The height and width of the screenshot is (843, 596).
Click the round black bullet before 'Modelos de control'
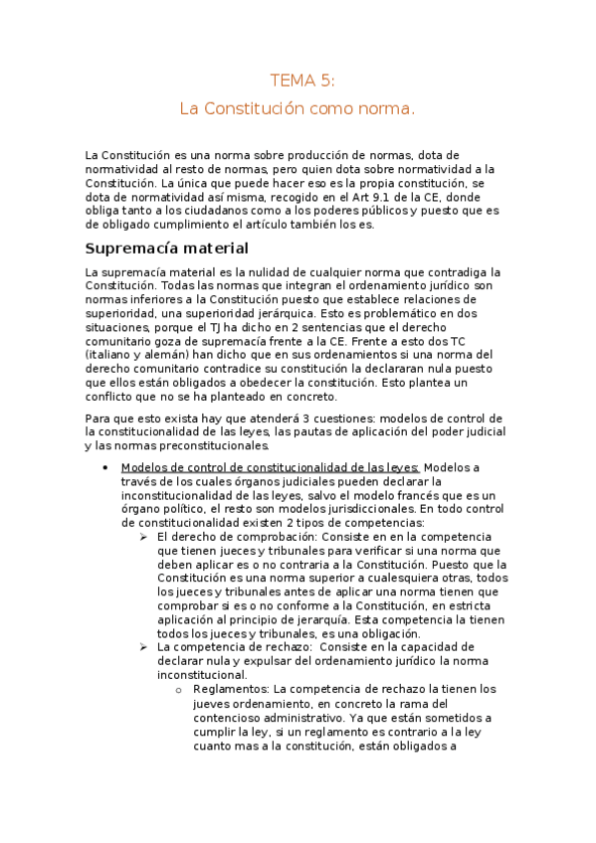(105, 467)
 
